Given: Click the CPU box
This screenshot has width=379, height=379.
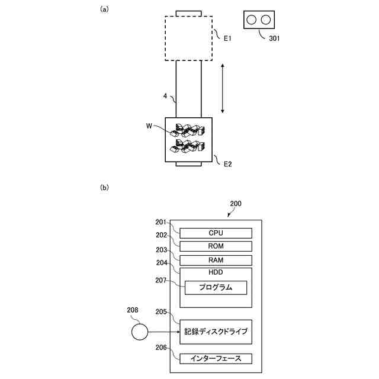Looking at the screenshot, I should (x=216, y=233).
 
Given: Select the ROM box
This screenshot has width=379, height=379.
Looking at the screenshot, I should (x=216, y=246).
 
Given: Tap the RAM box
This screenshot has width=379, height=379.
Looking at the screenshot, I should (x=216, y=261).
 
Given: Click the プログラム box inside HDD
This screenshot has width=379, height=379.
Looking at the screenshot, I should (x=216, y=288).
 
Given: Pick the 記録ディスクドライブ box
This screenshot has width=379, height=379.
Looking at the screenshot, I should (x=216, y=331).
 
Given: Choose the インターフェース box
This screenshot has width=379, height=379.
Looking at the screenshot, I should (x=216, y=358).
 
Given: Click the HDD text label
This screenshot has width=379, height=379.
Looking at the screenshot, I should (x=216, y=273).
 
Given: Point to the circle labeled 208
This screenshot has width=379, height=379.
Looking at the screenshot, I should (x=139, y=332).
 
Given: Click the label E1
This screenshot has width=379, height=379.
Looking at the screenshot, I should (x=227, y=38).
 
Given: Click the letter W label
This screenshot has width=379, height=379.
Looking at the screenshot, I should (x=149, y=126).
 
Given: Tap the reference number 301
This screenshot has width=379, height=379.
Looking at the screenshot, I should (x=274, y=38).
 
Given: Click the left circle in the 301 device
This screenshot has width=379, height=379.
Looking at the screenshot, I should (x=252, y=20).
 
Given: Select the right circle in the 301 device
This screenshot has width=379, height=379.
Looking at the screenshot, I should (x=266, y=20).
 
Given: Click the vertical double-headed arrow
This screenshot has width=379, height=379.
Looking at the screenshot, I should (x=222, y=89).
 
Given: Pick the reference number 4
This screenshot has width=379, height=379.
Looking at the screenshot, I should (x=166, y=95).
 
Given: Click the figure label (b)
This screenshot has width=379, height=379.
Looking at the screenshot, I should (x=104, y=188).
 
